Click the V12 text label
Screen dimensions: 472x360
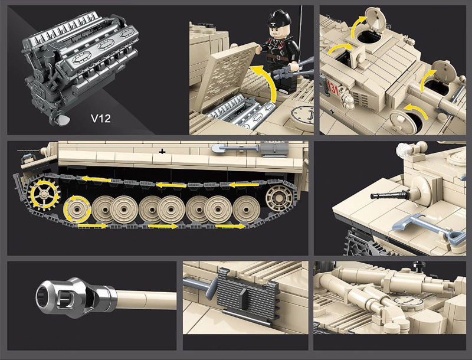[x=100, y=118]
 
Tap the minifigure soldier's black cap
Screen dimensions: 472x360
[x=278, y=18]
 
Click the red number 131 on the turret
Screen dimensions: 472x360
[x=333, y=88]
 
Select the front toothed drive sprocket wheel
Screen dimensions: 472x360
[x=44, y=194]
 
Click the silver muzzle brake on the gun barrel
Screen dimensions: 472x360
[x=76, y=297]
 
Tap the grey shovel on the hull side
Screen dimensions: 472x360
[x=235, y=148]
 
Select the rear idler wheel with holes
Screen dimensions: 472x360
[x=279, y=198]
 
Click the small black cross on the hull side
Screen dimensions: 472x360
[x=162, y=152]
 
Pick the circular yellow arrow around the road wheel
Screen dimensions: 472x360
[x=77, y=209]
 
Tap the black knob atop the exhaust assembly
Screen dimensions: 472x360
[x=418, y=265]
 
